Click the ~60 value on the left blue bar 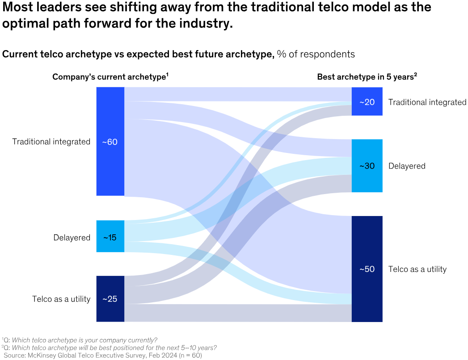[110, 142]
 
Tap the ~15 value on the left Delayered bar [110, 237]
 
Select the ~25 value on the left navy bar [110, 299]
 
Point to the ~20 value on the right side [367, 102]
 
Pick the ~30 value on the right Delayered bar [367, 166]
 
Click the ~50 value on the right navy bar [367, 269]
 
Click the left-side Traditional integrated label [51, 142]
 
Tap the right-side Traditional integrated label [427, 102]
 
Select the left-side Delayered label [72, 237]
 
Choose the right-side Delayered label [407, 166]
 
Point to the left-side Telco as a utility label [61, 299]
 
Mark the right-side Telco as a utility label [417, 269]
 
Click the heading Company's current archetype [110, 77]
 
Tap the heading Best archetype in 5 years [367, 77]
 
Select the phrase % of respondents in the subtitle [316, 54]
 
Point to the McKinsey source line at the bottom [103, 355]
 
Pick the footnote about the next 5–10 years [110, 347]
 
